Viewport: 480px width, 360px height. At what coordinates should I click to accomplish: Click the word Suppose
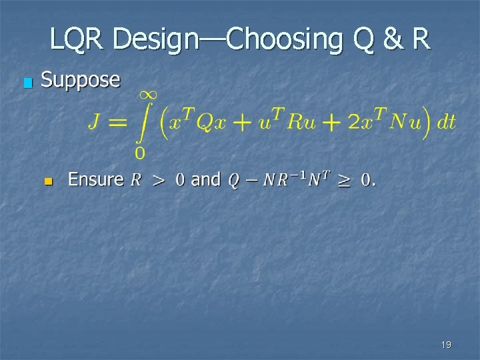pyautogui.click(x=81, y=81)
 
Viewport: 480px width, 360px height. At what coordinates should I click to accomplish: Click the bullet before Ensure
pyautogui.click(x=47, y=181)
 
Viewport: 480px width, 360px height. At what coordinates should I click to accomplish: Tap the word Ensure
pyautogui.click(x=96, y=179)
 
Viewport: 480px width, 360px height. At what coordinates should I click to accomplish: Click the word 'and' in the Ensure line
pyautogui.click(x=205, y=179)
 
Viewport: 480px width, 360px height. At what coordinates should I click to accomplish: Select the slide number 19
pyautogui.click(x=446, y=345)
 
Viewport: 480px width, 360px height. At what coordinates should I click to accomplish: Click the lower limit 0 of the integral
pyautogui.click(x=139, y=154)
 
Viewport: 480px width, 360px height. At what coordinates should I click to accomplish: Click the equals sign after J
pyautogui.click(x=118, y=123)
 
